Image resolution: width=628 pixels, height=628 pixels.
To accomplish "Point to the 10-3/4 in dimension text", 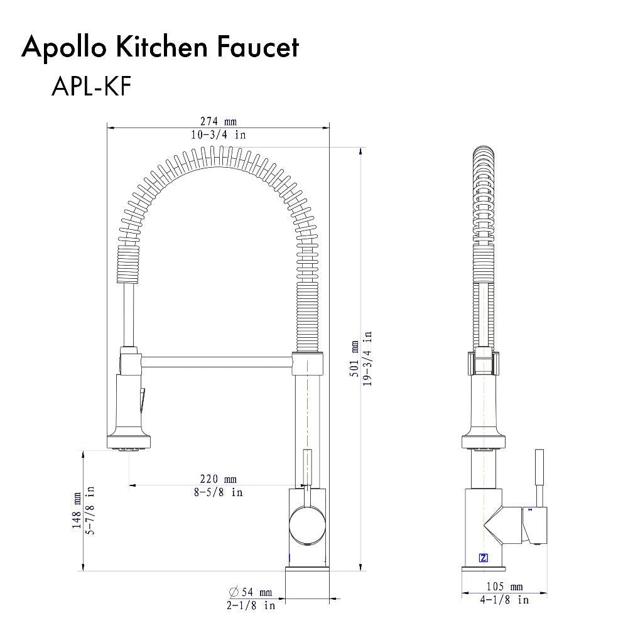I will pos(219,134).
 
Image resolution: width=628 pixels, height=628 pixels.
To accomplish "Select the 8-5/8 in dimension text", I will pos(219,492).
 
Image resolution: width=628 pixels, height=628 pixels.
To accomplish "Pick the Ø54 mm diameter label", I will pos(251,592).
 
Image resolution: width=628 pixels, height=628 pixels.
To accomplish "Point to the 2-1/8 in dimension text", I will pos(251,605).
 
